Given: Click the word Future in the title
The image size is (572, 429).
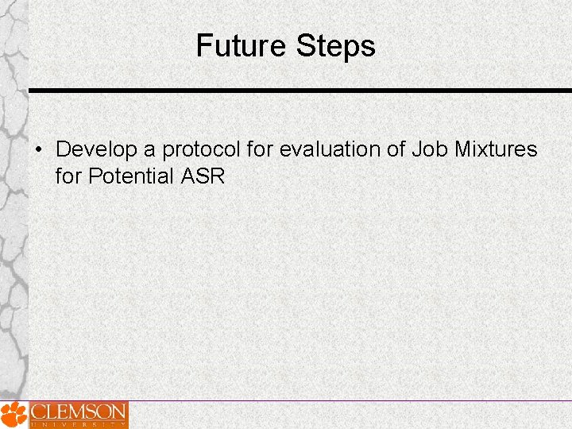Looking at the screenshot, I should coord(242,46).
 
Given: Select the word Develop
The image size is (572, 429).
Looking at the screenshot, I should coord(95,149).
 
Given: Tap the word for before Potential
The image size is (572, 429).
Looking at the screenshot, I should coord(68,176).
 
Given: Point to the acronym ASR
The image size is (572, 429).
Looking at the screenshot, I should coord(203,176).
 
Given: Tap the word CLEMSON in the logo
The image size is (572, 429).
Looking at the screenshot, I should coord(78,412).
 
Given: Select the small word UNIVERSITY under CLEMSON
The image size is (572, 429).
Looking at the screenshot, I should coord(78,424).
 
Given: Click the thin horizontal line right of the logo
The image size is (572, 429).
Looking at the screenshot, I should coord(350,401).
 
